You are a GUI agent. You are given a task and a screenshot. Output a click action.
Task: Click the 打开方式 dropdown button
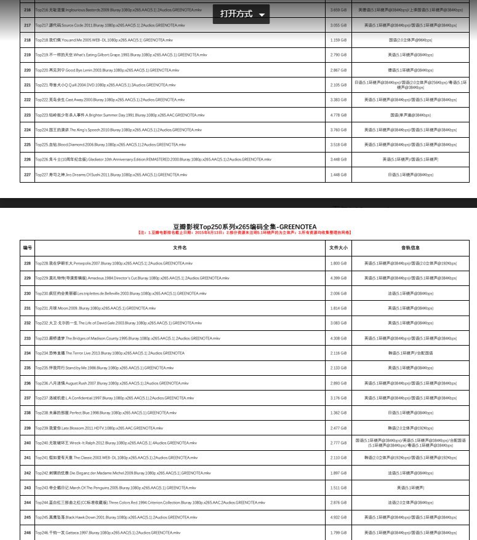tap(242, 14)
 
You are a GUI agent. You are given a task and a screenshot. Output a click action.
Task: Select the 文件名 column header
tap(172, 248)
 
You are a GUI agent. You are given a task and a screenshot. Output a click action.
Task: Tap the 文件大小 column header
tap(339, 248)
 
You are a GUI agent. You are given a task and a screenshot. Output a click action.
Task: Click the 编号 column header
tap(27, 248)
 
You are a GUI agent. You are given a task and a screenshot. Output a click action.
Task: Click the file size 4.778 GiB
tap(339, 115)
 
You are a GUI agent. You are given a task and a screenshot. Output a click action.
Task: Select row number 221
tap(27, 85)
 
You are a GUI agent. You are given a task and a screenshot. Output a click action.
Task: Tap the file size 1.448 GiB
tap(339, 175)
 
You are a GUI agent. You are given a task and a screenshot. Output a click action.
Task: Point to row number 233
tap(27, 338)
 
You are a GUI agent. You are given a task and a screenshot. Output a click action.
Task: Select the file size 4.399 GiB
tap(339, 278)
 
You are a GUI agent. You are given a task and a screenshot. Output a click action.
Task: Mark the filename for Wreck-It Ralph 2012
tap(116, 443)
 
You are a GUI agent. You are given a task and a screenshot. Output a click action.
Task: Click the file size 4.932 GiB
tap(339, 517)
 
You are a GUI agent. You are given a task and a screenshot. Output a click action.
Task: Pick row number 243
tap(27, 488)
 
